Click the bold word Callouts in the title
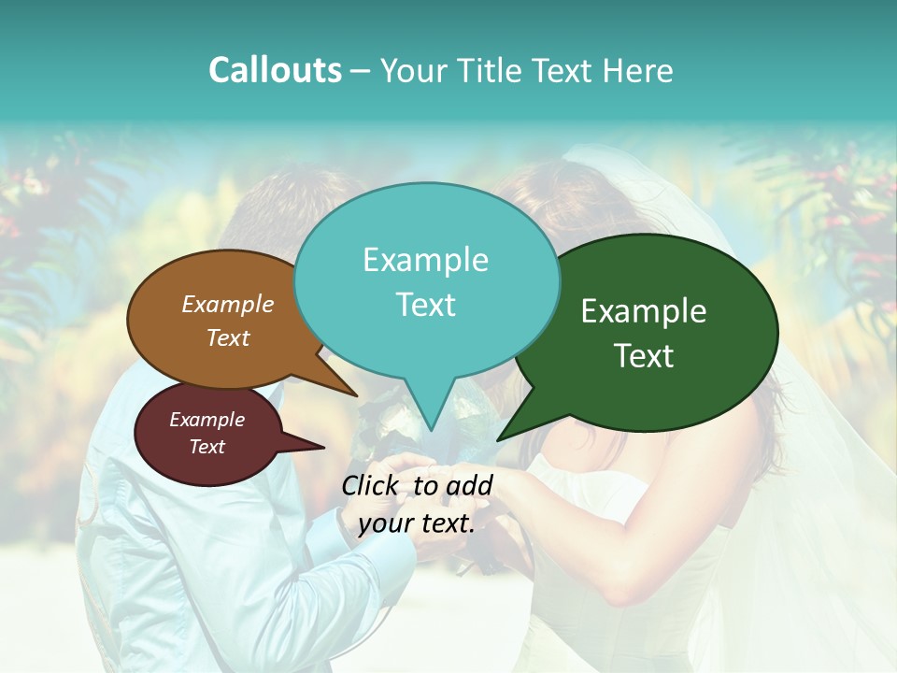click(275, 70)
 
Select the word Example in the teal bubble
click(425, 260)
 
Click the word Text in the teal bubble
click(425, 305)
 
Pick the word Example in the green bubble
click(644, 311)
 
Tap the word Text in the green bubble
click(644, 356)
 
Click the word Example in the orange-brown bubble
click(227, 305)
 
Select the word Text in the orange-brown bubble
click(227, 337)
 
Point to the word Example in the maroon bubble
click(206, 420)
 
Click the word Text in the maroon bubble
click(206, 447)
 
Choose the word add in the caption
click(470, 485)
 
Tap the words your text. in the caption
click(417, 523)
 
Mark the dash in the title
click(361, 70)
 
